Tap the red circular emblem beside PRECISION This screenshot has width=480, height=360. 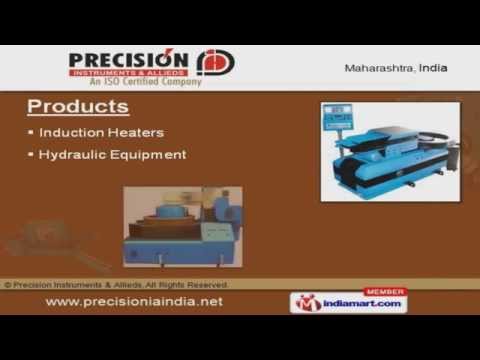214,62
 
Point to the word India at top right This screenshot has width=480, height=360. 431,68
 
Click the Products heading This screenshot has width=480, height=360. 77,106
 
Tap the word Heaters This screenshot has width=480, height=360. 137,132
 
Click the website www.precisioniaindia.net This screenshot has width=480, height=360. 134,302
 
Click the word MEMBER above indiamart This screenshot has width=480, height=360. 383,291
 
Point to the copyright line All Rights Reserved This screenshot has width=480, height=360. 185,285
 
